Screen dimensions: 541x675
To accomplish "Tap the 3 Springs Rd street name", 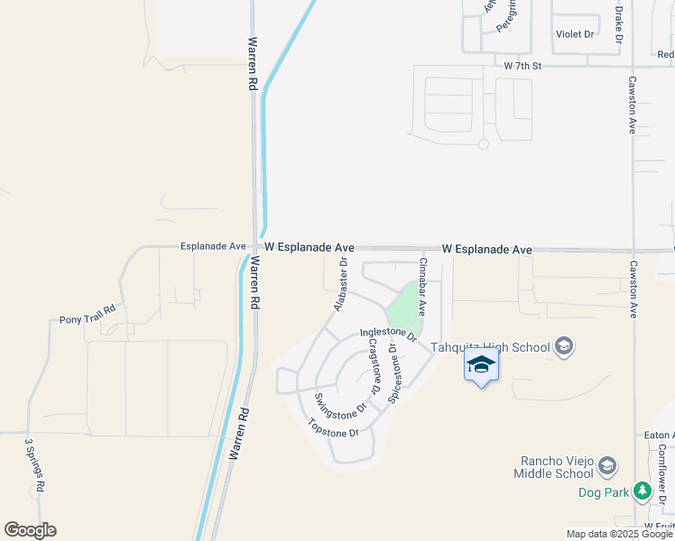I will tap(34, 465).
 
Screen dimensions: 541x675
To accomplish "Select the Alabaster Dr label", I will tap(340, 284).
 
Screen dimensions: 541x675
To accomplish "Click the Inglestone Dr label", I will tap(388, 335).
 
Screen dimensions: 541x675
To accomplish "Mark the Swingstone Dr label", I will tap(341, 406).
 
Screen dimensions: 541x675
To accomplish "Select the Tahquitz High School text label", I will tap(490, 347).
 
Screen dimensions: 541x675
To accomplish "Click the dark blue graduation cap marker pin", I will tap(481, 365).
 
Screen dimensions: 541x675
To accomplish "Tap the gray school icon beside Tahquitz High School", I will tap(564, 347).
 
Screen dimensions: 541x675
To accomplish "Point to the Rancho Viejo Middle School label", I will tap(552, 466).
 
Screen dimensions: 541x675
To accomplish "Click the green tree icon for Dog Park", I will tap(642, 491).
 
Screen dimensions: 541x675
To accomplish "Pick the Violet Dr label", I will tap(575, 34).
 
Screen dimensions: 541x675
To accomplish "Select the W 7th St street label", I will tap(522, 66).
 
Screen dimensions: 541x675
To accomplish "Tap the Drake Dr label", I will tap(619, 23).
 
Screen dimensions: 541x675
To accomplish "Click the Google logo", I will tap(30, 530).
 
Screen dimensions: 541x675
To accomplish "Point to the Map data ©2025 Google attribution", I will tap(619, 534).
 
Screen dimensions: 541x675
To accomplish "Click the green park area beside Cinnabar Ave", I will tap(406, 307).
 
